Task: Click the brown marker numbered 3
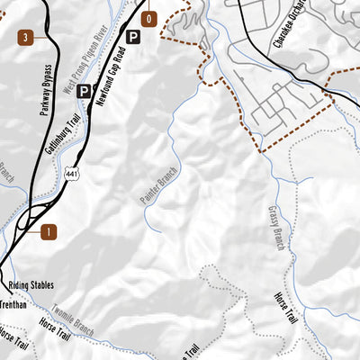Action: click(25, 37)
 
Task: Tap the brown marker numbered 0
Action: click(149, 18)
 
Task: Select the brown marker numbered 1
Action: click(49, 231)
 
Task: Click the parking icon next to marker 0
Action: click(133, 37)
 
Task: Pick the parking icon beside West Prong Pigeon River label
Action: click(83, 91)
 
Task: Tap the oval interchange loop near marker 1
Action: click(30, 218)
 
